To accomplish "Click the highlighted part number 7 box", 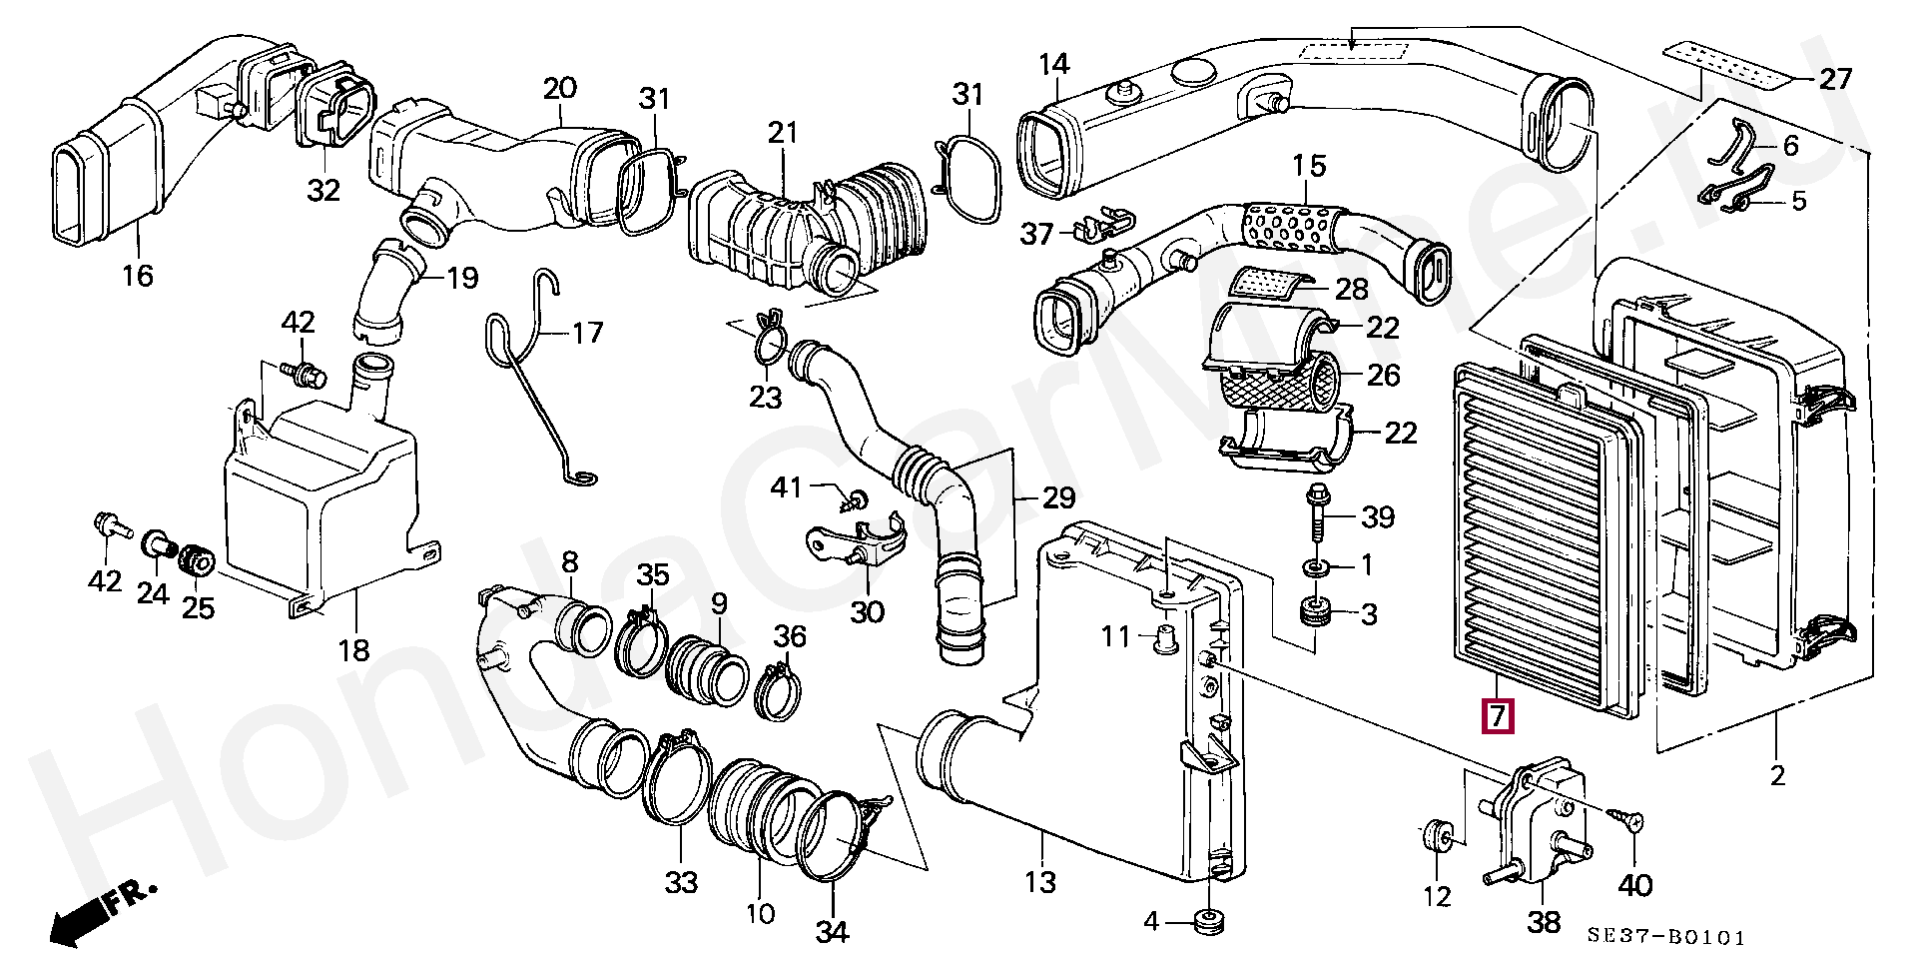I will point(1497,716).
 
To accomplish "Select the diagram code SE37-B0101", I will point(1666,938).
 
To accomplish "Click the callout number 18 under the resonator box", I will point(353,650).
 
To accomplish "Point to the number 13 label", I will point(1040,881).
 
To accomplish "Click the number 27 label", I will point(1835,79).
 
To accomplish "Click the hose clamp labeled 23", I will point(769,343).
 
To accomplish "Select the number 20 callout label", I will point(560,88).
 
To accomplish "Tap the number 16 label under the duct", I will point(138,275).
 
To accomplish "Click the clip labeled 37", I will point(1100,229).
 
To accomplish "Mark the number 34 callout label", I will point(832,931).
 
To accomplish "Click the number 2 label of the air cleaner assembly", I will point(1777,774).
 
